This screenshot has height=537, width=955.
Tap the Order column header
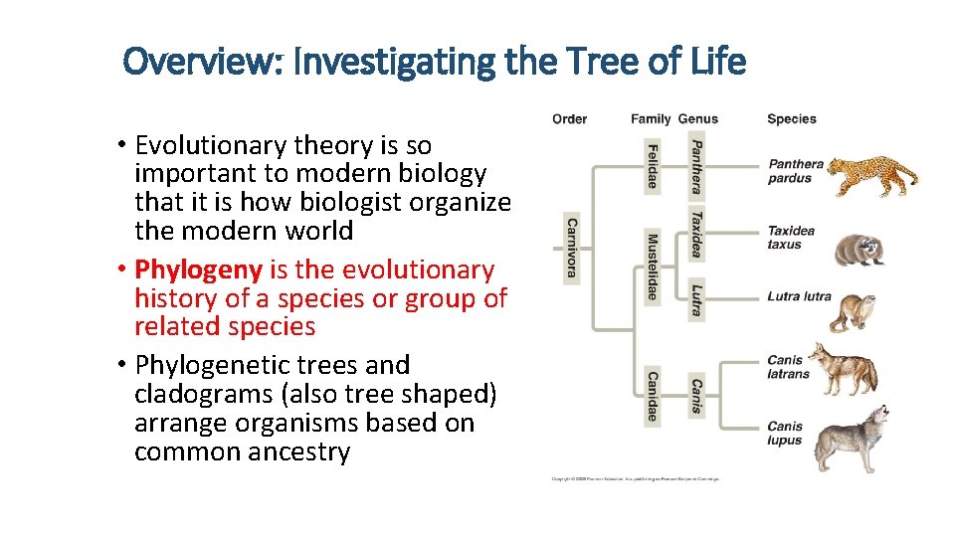[569, 119]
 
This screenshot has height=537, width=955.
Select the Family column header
[651, 119]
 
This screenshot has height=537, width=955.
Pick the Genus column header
[697, 119]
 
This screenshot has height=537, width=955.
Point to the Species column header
[791, 119]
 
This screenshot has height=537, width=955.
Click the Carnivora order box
[572, 248]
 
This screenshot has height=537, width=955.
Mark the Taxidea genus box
[696, 234]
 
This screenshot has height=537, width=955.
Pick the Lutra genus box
[696, 297]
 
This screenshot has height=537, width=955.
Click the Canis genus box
[696, 397]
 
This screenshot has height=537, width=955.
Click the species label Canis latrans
[788, 367]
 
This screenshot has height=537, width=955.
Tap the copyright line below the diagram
[635, 478]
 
